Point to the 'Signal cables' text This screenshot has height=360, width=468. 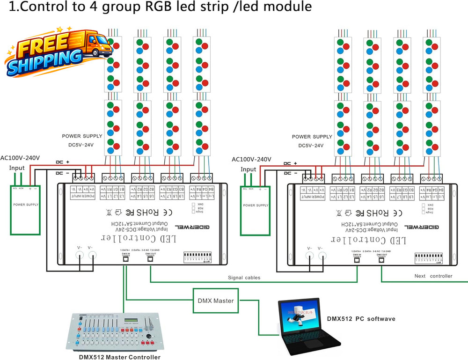point(244,278)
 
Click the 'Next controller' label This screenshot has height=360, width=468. point(433,276)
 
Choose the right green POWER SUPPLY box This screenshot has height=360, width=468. point(256,209)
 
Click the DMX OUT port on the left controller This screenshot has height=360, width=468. point(150,260)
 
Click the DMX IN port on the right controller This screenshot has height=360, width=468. point(357,260)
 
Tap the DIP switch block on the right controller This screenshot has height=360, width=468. point(428,258)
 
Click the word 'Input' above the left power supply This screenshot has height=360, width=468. point(17,168)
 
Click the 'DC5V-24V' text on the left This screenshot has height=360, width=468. point(78,145)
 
